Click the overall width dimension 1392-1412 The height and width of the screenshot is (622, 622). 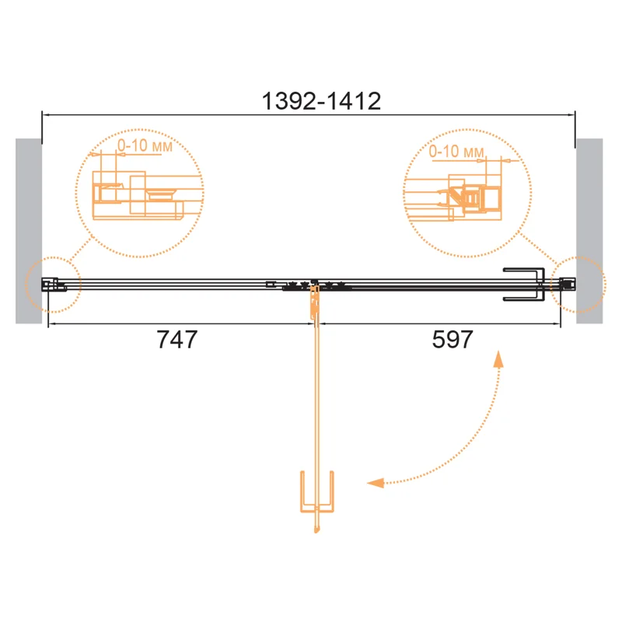pos(321,101)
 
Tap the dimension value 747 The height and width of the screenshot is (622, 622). pos(177,340)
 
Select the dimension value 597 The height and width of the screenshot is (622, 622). pos(453,340)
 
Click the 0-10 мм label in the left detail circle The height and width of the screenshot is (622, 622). pos(145,145)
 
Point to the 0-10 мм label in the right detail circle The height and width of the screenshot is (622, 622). pos(456,151)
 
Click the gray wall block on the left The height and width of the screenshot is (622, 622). pos(29,231)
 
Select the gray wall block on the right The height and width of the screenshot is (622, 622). pos(589,231)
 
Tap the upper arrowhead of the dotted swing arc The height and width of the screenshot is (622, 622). pos(498,359)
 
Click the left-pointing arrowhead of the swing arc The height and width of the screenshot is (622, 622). pos(376,483)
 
